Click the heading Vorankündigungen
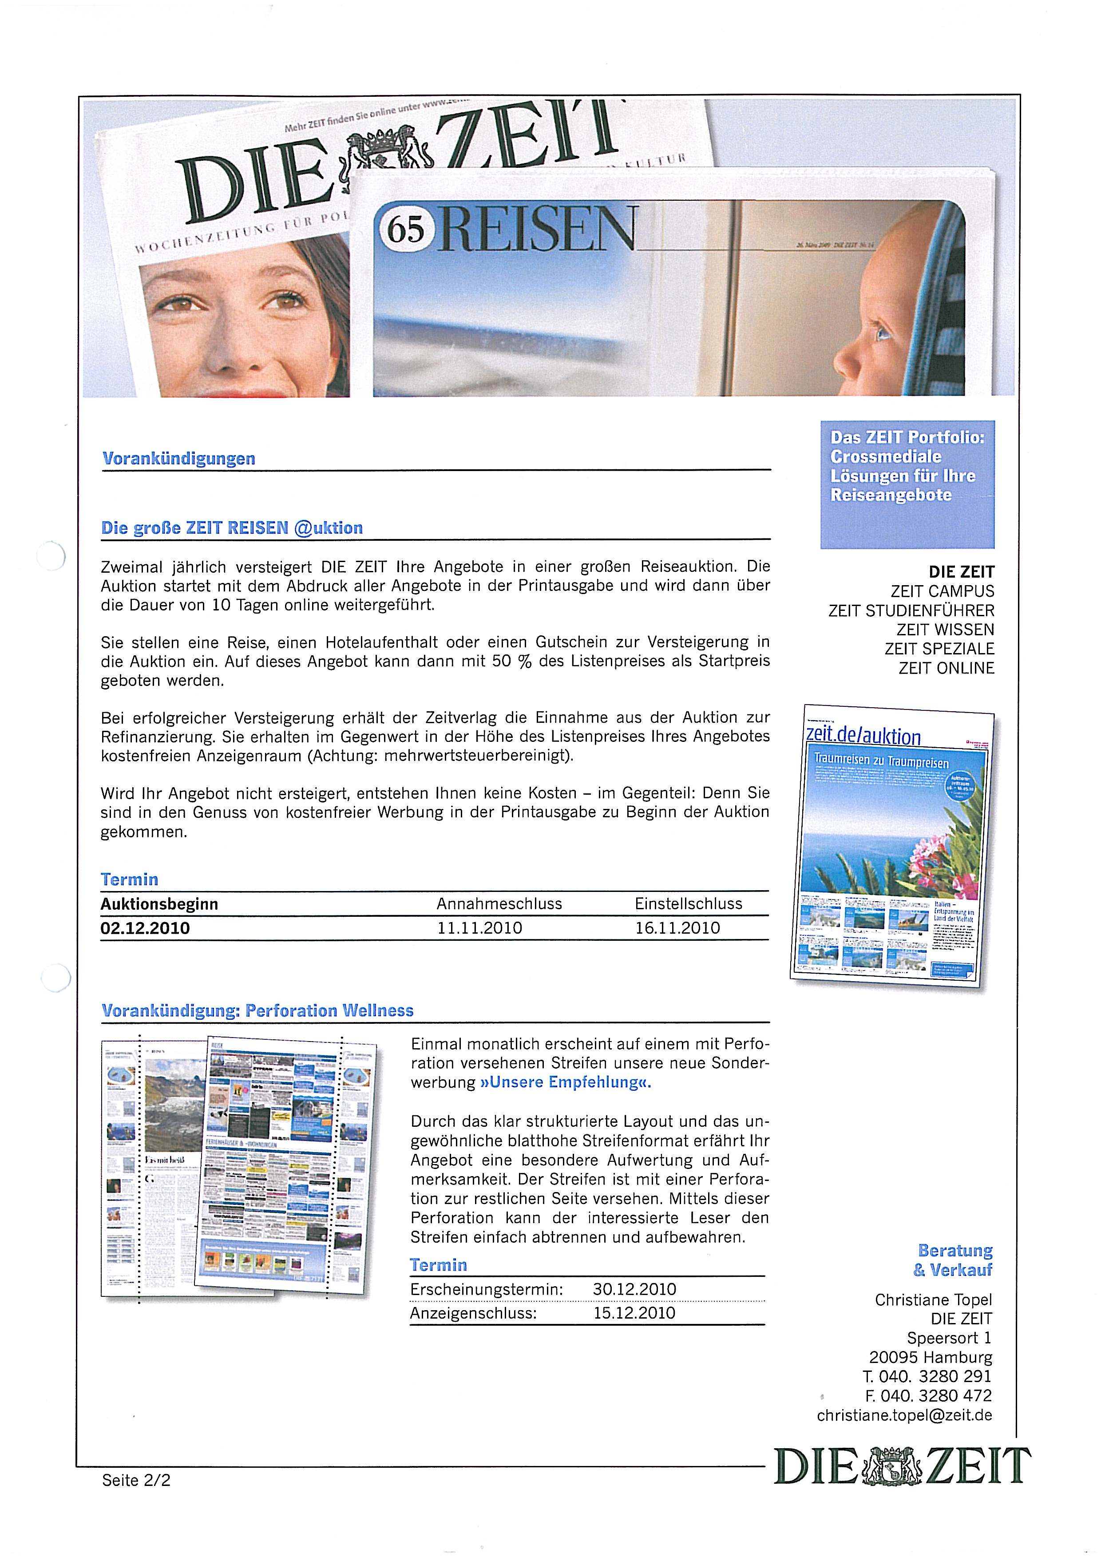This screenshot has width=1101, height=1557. [178, 459]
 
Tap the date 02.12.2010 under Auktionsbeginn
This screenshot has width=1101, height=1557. [145, 928]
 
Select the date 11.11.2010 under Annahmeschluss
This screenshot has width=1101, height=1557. [479, 928]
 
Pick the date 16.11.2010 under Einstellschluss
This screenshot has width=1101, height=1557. [677, 928]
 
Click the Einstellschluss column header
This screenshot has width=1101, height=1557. [688, 903]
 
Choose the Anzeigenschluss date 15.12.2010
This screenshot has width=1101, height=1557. [634, 1313]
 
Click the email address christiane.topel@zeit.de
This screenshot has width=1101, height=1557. [904, 1415]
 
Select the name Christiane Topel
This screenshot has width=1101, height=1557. [933, 1300]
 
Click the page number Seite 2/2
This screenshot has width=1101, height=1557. [136, 1480]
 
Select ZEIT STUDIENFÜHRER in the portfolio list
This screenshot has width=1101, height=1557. [911, 610]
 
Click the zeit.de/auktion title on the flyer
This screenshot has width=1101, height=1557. [863, 737]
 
